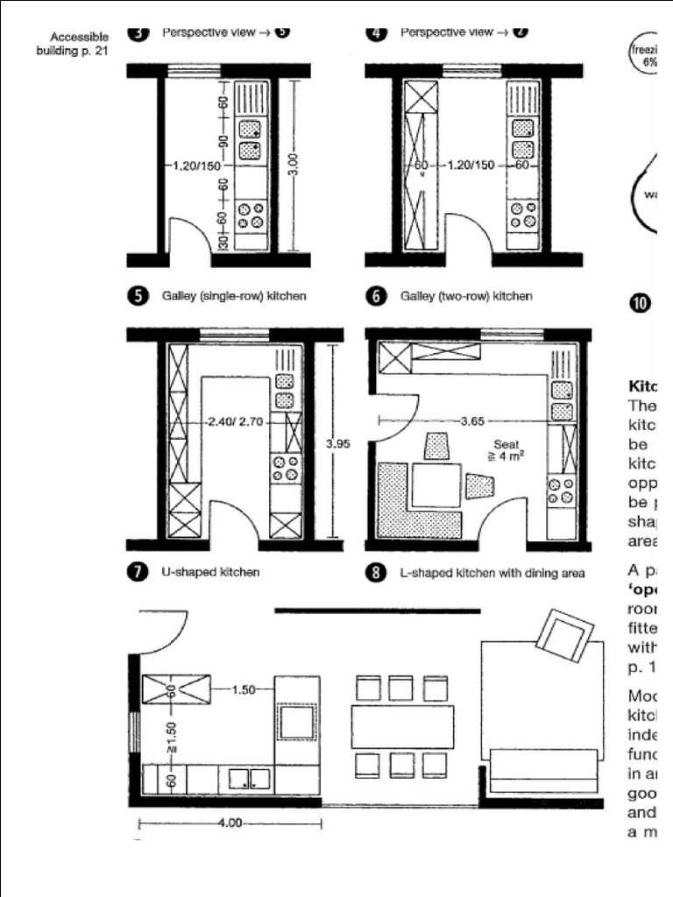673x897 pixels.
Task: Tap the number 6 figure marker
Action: coord(377,296)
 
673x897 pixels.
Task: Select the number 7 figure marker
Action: coord(138,573)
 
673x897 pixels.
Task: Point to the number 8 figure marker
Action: coord(377,573)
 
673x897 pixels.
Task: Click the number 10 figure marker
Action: coord(640,303)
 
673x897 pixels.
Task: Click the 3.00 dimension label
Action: coord(293,164)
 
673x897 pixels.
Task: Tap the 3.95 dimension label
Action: coord(337,444)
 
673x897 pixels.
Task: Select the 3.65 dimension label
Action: coord(472,420)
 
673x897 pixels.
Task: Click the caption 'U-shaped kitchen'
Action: coord(209,573)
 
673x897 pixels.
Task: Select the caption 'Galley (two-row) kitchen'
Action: coord(466,296)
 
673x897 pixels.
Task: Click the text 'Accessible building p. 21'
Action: coord(74,44)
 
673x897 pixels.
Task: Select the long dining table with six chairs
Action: coord(402,726)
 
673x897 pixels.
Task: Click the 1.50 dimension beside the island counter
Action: coord(243,689)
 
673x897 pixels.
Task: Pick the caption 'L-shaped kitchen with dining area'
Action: coord(492,573)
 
